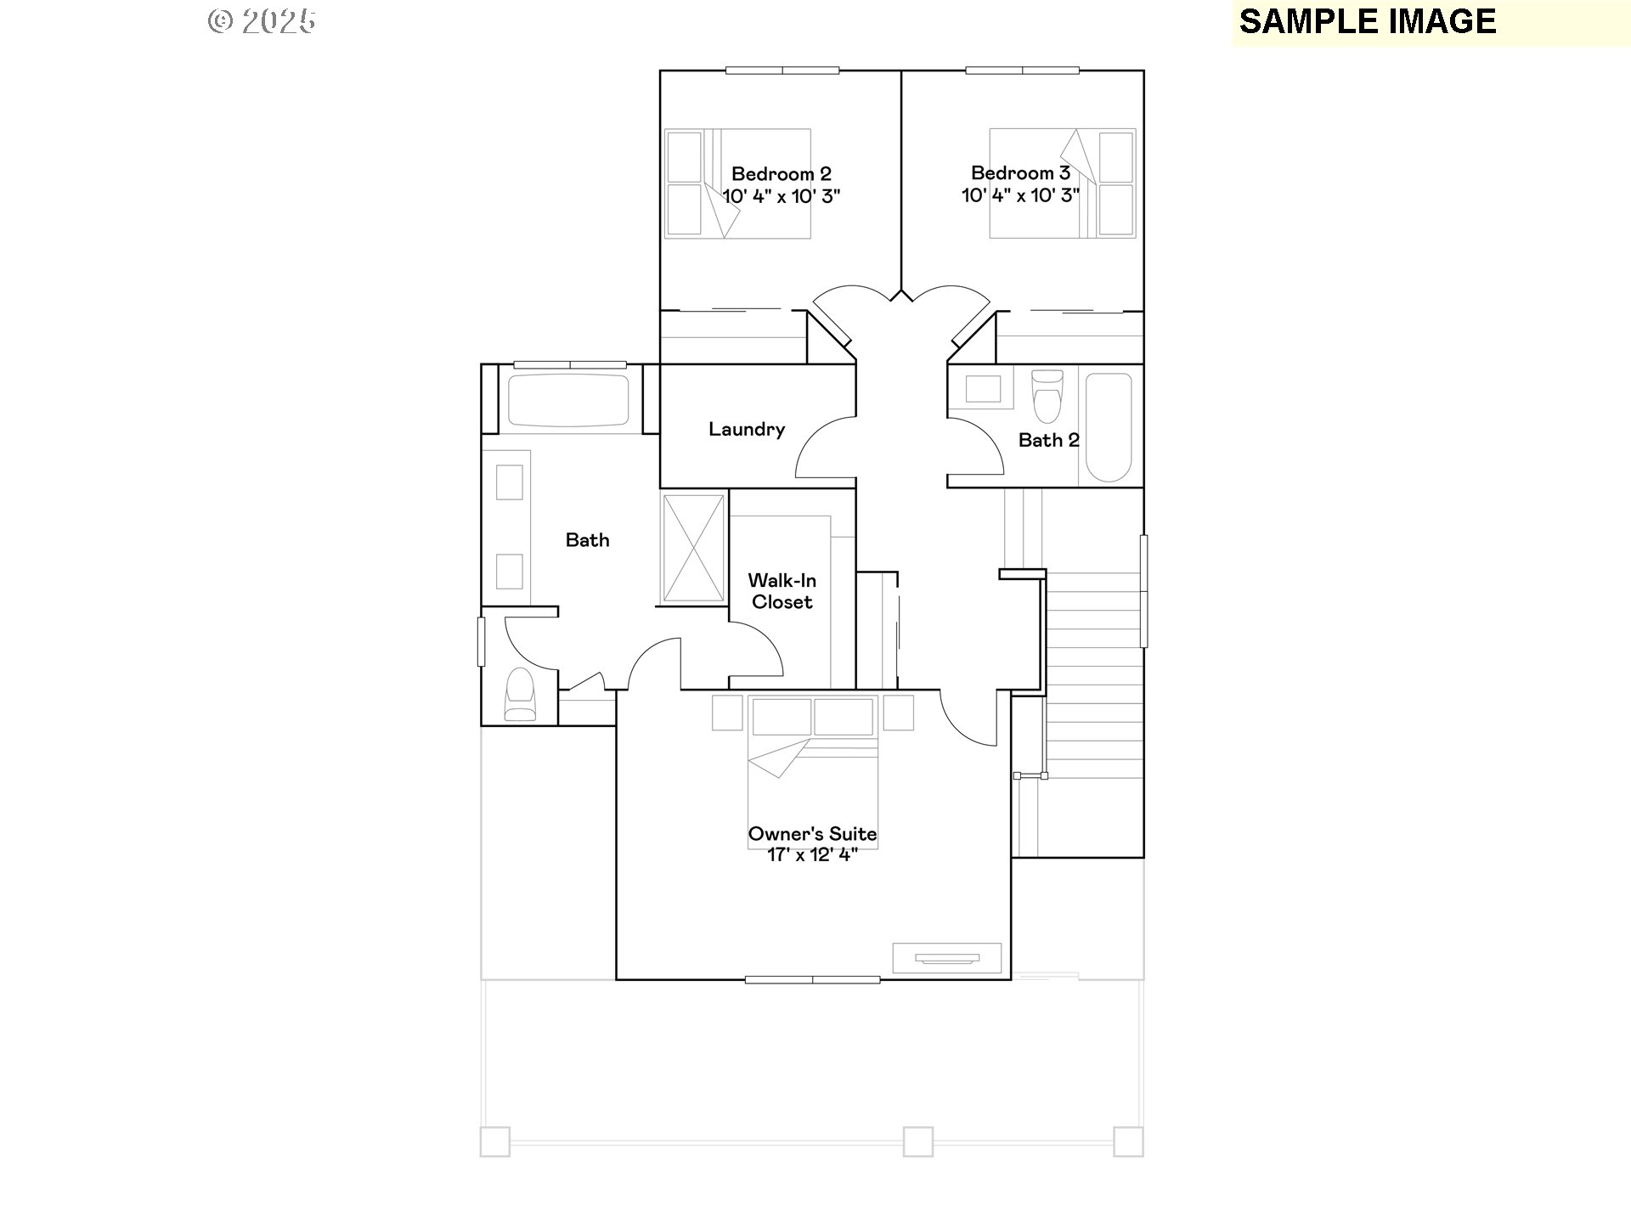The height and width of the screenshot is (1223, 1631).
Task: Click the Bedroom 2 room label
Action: [781, 174]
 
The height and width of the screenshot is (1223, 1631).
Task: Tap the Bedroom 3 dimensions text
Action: [1020, 195]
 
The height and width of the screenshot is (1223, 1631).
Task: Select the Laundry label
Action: [747, 430]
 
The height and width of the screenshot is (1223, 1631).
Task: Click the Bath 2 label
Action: [1048, 440]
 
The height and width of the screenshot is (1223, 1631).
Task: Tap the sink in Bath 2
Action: [983, 389]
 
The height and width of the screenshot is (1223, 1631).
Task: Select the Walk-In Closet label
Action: [782, 591]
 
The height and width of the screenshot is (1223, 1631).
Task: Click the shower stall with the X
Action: [693, 548]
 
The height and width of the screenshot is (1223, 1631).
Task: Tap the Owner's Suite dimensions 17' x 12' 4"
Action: [812, 855]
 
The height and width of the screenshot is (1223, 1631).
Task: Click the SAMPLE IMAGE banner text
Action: [1367, 22]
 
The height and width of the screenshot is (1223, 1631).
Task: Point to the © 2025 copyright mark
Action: [262, 21]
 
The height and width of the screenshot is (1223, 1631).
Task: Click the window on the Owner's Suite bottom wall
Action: [812, 979]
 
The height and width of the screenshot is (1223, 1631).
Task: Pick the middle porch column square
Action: [917, 1141]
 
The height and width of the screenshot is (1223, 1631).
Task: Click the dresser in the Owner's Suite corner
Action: [946, 958]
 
